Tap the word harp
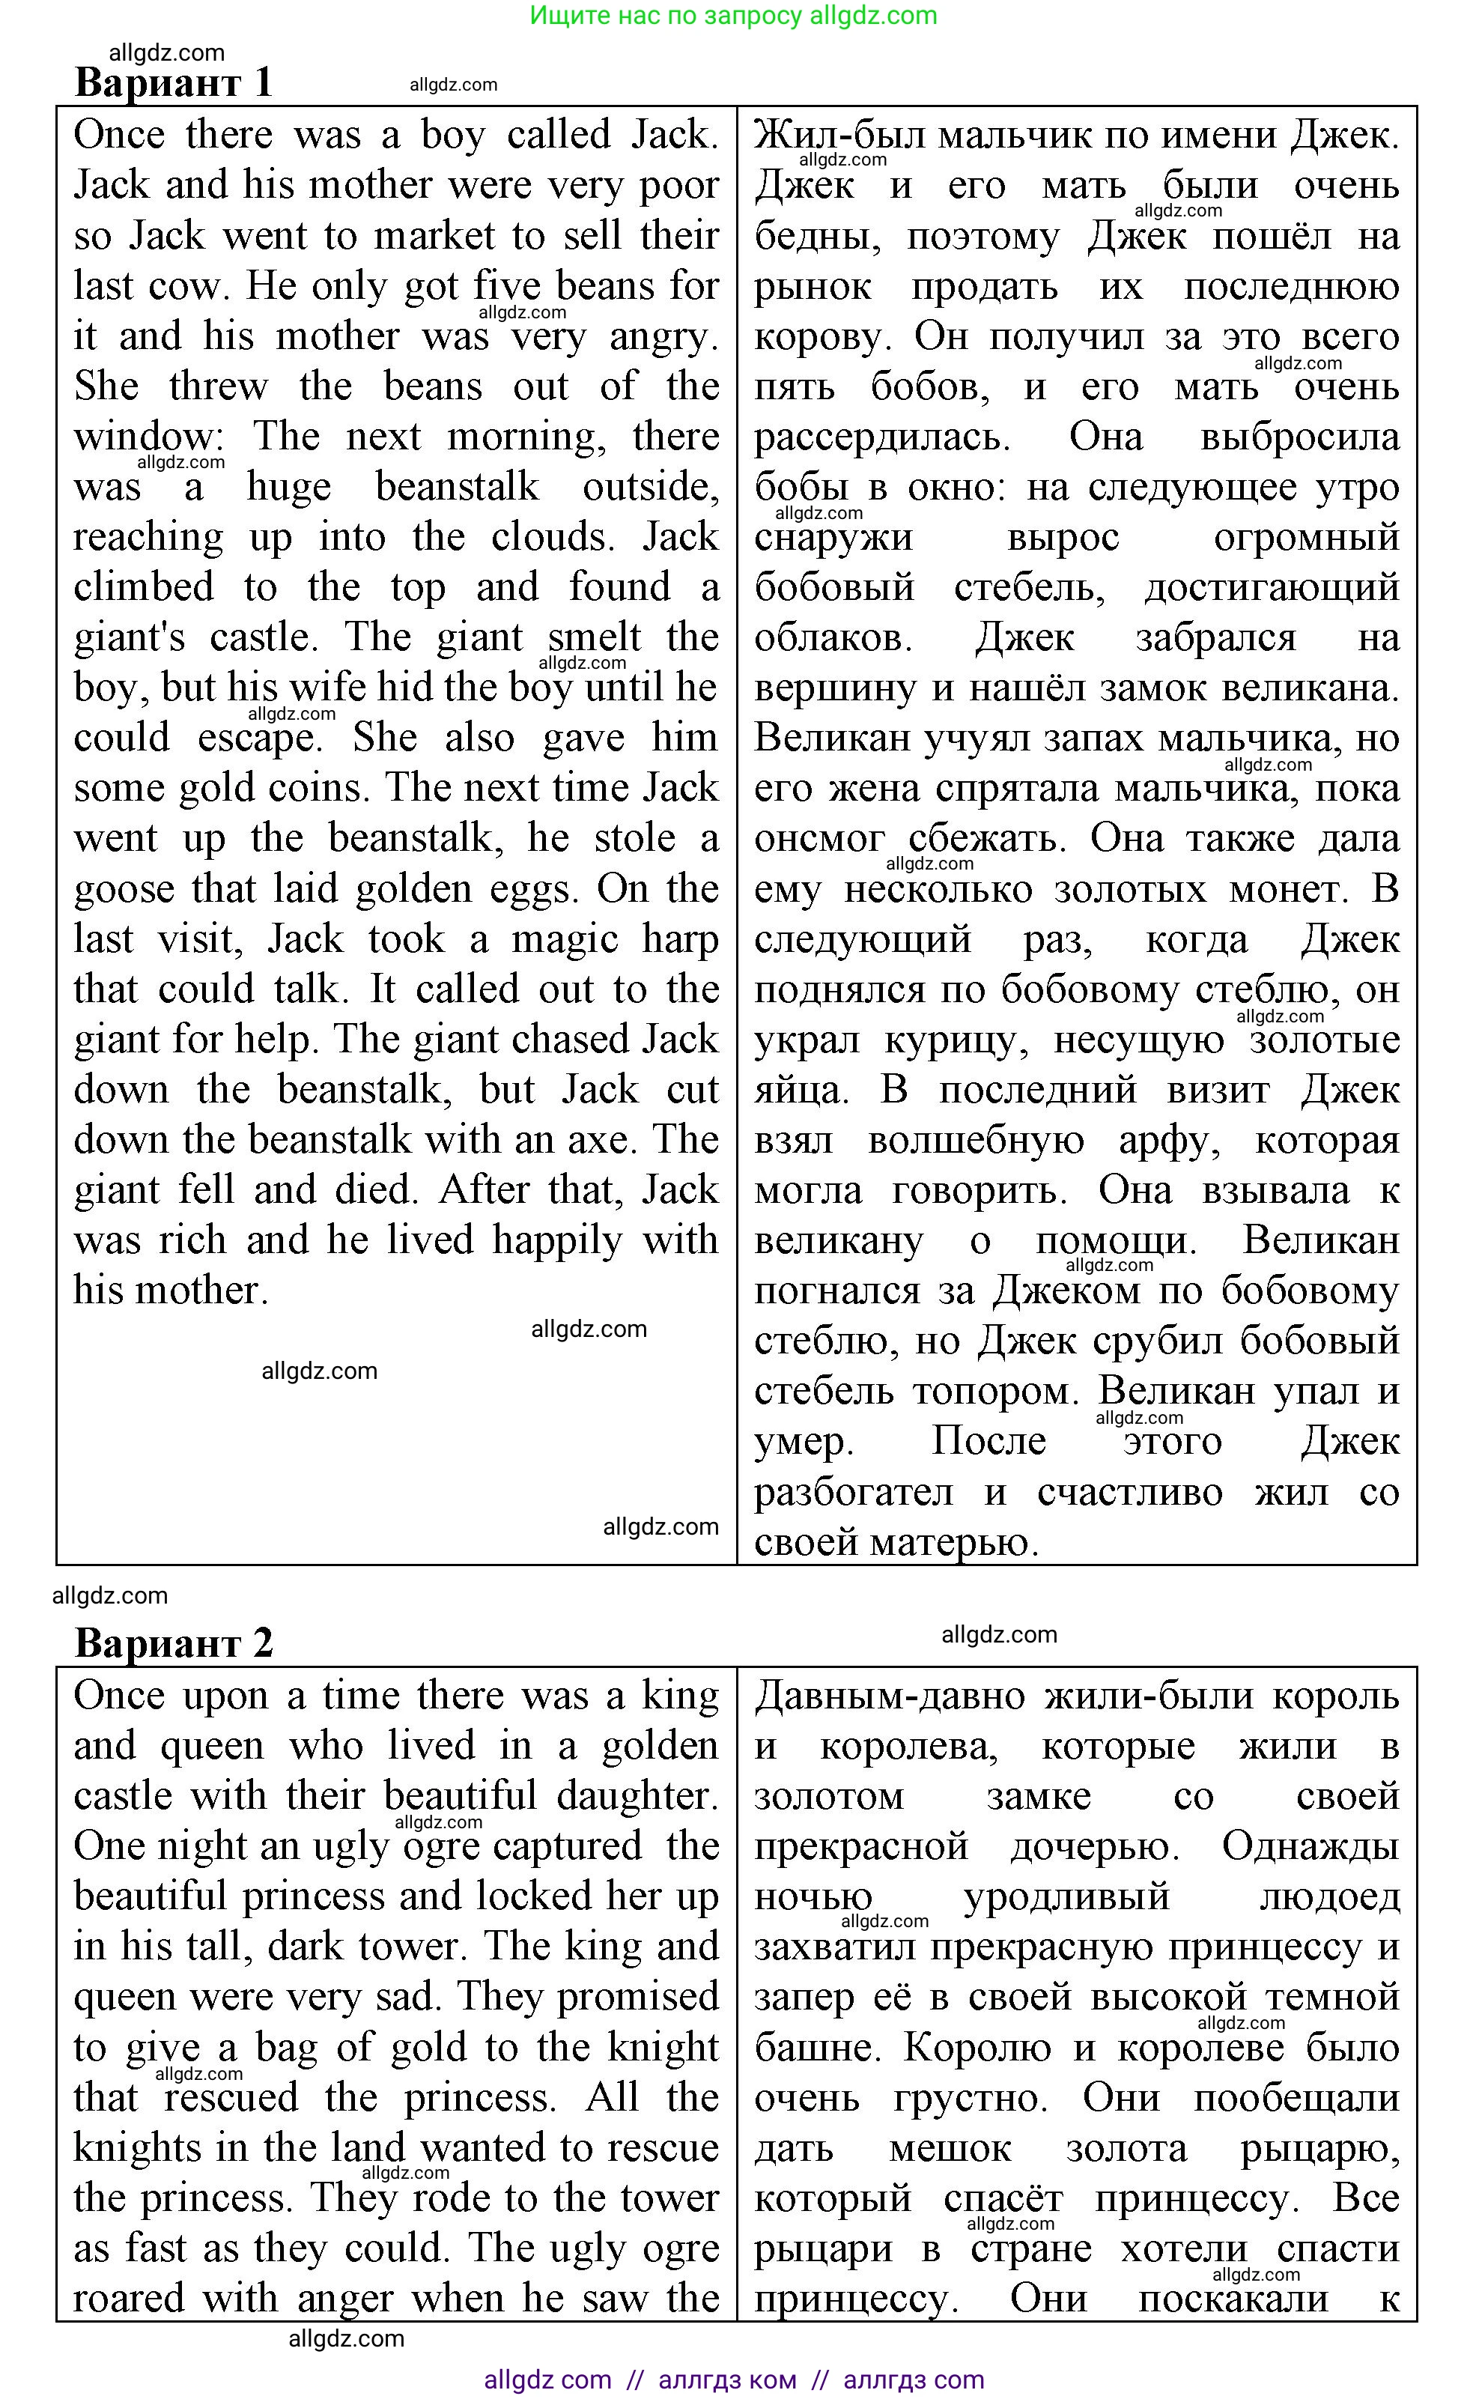click(x=678, y=939)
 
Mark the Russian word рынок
click(x=813, y=287)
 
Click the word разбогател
click(x=853, y=1491)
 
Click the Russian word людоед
click(x=1328, y=1896)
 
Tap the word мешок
click(x=950, y=2148)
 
